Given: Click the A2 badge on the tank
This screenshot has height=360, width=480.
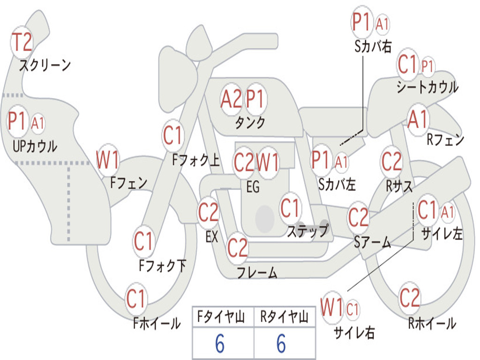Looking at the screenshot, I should (232, 99).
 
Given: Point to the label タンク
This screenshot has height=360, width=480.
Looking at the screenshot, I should (250, 123).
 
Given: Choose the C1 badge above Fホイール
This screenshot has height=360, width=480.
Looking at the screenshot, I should (136, 299).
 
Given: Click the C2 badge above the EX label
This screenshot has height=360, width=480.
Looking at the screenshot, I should (208, 213).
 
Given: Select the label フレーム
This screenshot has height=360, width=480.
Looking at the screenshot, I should (256, 272).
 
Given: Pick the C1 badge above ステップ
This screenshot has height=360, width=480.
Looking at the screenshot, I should (290, 208).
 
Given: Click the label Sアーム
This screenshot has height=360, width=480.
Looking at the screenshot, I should (372, 242).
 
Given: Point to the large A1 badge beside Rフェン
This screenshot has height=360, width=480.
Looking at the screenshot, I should (418, 120).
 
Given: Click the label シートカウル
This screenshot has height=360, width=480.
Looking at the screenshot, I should (427, 87).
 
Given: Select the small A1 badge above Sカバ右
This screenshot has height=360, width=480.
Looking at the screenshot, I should (382, 24).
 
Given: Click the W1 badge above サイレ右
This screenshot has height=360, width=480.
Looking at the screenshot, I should (332, 308).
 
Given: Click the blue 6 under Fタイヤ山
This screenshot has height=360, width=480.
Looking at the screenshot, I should (220, 344).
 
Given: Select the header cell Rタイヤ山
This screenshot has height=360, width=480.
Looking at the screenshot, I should (284, 317).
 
